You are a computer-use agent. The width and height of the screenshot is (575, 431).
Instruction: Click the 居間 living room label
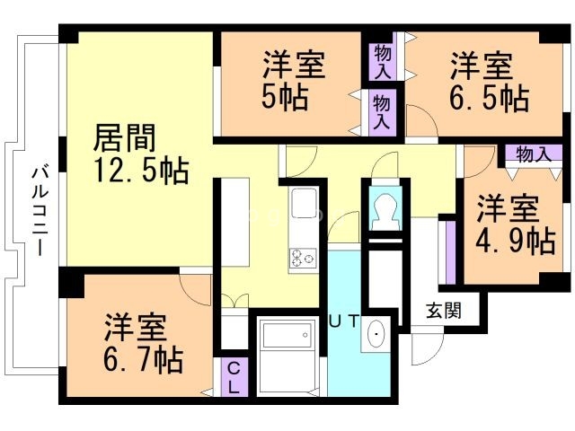point(125,139)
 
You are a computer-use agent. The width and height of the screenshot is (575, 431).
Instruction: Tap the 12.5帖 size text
point(141,170)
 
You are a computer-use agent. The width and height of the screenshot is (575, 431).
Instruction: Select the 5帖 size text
point(286,97)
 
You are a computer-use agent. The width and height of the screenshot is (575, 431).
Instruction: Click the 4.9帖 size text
point(514,240)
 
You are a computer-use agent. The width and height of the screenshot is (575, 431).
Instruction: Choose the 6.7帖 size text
point(143,358)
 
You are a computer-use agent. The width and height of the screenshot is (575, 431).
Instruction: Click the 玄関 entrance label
point(443,312)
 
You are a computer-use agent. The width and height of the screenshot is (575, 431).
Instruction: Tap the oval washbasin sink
point(375,335)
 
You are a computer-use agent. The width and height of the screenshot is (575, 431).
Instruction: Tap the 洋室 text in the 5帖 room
point(294,66)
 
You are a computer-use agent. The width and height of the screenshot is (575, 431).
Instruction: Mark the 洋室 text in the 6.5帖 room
point(481,66)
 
